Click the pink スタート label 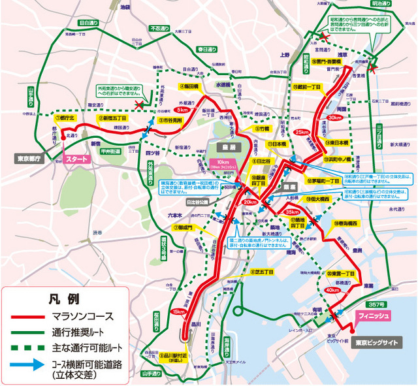point(76,157)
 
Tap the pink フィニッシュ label point(374,316)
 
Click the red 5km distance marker point(182,110)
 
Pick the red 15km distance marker point(178,312)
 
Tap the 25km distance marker point(301,133)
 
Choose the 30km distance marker point(334,118)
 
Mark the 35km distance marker point(292,212)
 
